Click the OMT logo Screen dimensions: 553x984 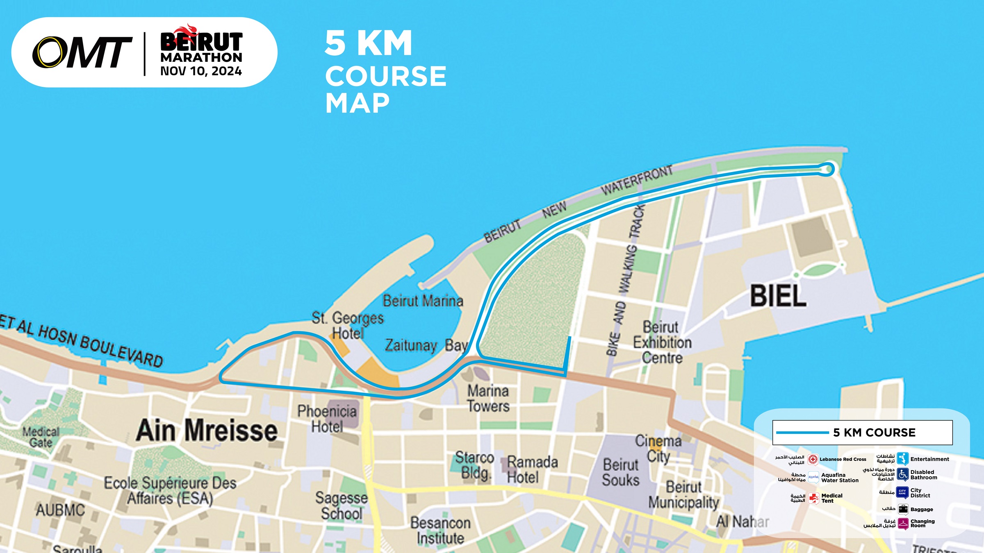(82, 52)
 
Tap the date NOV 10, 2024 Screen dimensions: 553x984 (201, 71)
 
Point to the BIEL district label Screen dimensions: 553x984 (778, 296)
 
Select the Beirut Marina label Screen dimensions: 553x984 (423, 301)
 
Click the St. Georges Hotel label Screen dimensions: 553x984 (348, 325)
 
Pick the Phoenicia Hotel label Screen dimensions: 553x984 (327, 419)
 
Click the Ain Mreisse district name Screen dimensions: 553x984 (207, 431)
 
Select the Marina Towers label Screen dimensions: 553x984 (488, 399)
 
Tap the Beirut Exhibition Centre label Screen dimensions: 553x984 (662, 342)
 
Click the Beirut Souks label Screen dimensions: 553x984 (620, 472)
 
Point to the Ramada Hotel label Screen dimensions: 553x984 (532, 469)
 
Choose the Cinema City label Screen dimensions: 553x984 (658, 448)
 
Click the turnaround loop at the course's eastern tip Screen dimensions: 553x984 (827, 169)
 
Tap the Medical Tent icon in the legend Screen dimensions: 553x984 (813, 498)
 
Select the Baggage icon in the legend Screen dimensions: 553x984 (903, 509)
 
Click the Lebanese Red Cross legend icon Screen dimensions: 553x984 (813, 459)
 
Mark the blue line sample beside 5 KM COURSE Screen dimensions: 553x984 (802, 433)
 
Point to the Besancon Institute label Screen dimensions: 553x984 (440, 530)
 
